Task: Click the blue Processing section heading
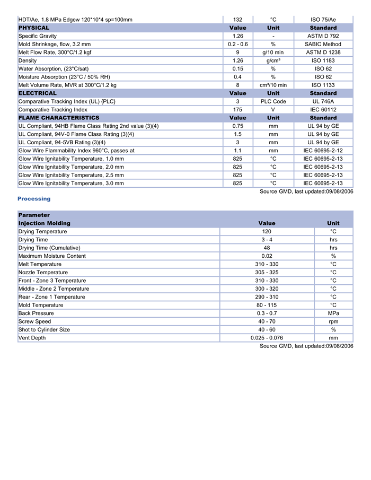(34, 199)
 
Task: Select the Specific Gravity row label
(38, 36)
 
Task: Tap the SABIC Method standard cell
(323, 45)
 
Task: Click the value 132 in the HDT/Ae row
(237, 20)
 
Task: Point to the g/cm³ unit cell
(273, 60)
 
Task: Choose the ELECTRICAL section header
(38, 93)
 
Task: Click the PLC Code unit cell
(273, 101)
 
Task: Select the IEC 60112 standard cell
(323, 110)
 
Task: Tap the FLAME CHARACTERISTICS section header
(59, 118)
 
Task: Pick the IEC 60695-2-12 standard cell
(323, 151)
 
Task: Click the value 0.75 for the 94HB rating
(237, 126)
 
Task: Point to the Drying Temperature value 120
(267, 232)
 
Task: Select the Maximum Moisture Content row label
(52, 256)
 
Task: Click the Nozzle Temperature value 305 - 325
(267, 273)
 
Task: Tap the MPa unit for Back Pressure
(333, 313)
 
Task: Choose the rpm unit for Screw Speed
(333, 321)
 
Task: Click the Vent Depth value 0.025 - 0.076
(267, 338)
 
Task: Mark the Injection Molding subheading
(45, 223)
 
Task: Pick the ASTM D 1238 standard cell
(323, 53)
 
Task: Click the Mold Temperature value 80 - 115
(267, 305)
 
